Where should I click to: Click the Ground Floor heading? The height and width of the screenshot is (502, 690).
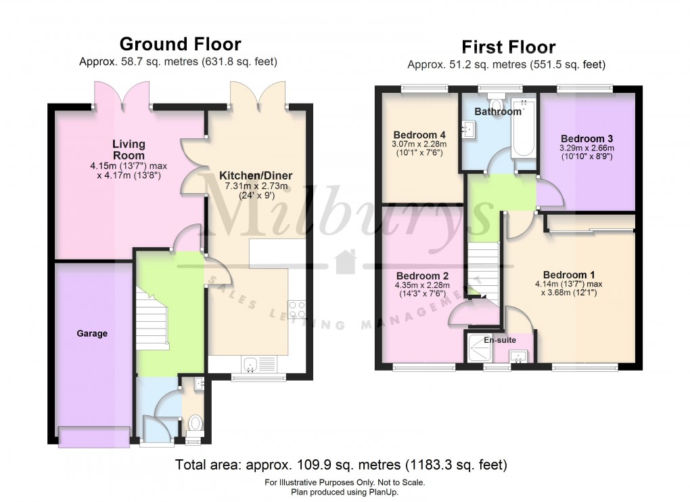click(179, 44)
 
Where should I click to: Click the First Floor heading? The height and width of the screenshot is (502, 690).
click(508, 47)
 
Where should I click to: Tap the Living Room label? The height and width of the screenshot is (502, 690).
click(129, 150)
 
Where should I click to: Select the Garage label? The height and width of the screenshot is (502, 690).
click(91, 333)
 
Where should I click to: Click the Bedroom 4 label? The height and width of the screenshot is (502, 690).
click(419, 134)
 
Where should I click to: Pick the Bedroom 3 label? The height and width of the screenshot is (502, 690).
click(586, 138)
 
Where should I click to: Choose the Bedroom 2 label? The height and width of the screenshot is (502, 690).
click(422, 276)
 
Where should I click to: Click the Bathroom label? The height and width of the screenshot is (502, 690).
click(497, 111)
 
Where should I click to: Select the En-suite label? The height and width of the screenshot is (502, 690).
click(499, 341)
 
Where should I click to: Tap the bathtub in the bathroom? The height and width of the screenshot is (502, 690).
click(524, 131)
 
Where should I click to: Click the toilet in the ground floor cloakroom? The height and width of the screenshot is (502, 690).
click(195, 423)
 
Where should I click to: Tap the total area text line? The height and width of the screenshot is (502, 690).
click(341, 465)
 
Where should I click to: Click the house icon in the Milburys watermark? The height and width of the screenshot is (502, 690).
click(346, 260)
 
